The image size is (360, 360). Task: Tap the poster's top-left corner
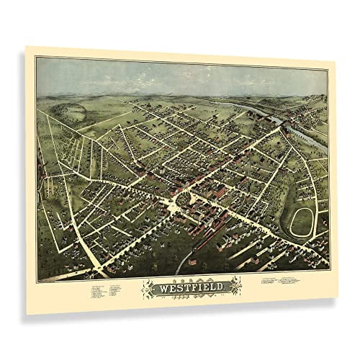[x=27, y=46]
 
